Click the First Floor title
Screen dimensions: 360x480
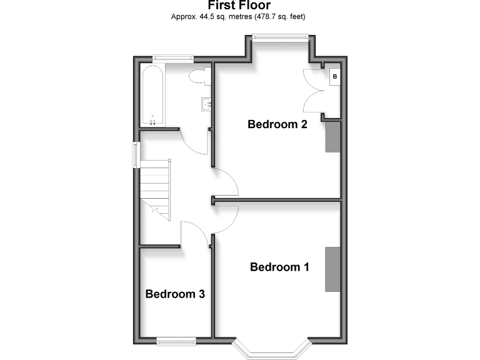(x=239, y=6)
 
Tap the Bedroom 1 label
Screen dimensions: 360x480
(x=279, y=267)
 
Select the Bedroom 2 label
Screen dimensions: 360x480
(x=277, y=124)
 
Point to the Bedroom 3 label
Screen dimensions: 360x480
(x=175, y=294)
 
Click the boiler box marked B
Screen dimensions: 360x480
(x=335, y=77)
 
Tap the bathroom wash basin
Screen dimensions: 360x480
(x=207, y=104)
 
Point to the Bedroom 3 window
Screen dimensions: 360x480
(x=176, y=341)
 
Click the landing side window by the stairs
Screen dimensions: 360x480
(x=135, y=155)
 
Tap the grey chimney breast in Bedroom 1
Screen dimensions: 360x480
(x=332, y=269)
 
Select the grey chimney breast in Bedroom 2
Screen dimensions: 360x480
(x=332, y=137)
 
